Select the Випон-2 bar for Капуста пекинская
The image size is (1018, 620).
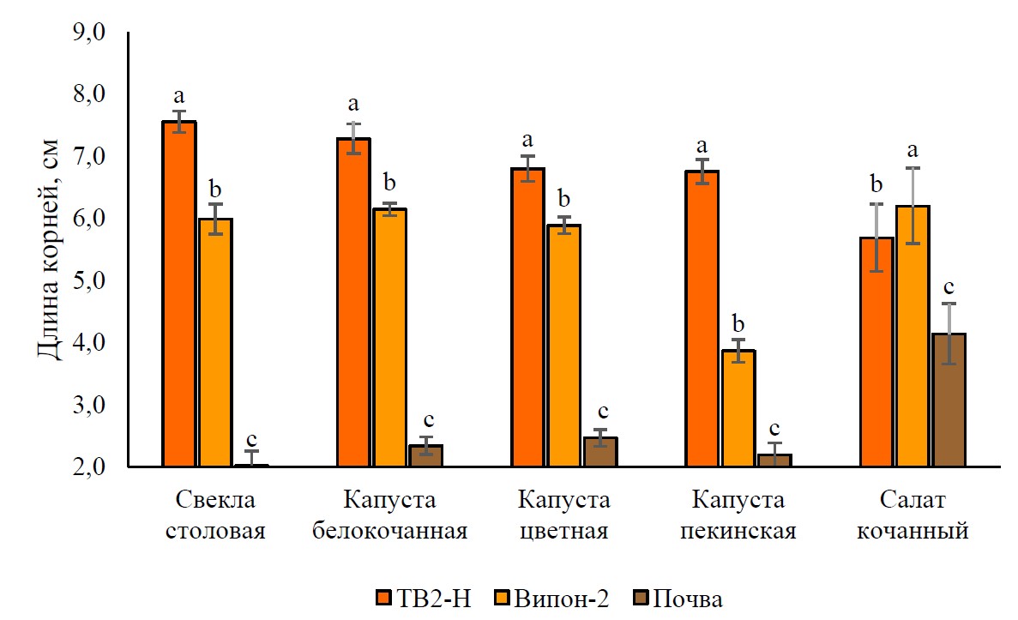[x=738, y=408]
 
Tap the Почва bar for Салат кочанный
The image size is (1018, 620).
[x=949, y=400]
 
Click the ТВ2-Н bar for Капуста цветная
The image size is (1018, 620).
[x=527, y=317]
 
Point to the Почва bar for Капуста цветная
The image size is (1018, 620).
[x=600, y=452]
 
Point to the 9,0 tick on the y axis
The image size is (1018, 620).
[x=89, y=33]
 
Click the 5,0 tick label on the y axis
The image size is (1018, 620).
[x=89, y=281]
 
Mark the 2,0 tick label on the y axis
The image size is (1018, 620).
[x=89, y=467]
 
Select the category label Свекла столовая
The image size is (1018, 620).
[x=215, y=515]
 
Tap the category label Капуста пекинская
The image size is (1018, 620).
[x=738, y=515]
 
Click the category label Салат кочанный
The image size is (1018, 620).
[x=913, y=515]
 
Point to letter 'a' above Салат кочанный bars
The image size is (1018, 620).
[x=913, y=151]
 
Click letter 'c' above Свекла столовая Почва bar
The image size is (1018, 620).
[x=251, y=436]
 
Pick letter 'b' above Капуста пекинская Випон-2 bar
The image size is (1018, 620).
[x=738, y=324]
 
